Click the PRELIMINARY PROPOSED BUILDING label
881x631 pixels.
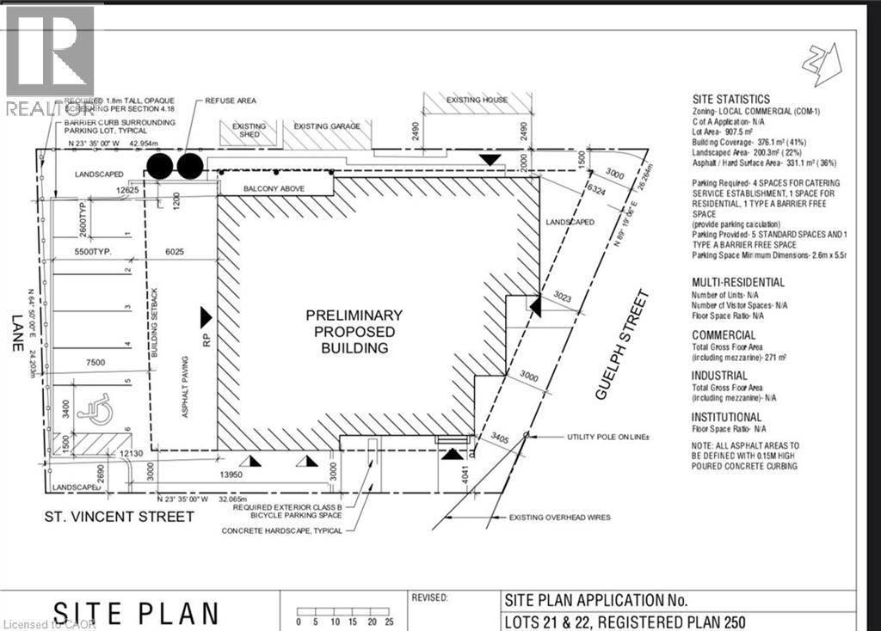(x=354, y=332)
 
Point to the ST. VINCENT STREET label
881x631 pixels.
(x=119, y=516)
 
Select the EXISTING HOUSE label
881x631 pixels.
(x=477, y=100)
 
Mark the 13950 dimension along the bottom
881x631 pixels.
(x=228, y=475)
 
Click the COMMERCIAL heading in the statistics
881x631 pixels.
(x=724, y=335)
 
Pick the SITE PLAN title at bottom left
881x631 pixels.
(x=135, y=612)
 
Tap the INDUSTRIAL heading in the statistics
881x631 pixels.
(x=719, y=376)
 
